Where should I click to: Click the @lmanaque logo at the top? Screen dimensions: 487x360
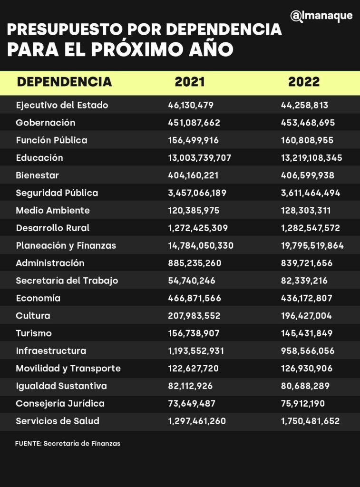click(321, 16)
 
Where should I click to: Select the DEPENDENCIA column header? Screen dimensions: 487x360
click(64, 82)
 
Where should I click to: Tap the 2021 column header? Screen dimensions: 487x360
click(190, 82)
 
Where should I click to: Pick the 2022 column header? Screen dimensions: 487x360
click(304, 82)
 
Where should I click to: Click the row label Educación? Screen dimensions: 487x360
click(39, 157)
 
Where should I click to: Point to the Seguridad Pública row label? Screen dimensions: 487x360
click(57, 193)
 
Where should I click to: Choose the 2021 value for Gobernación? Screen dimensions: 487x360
click(194, 123)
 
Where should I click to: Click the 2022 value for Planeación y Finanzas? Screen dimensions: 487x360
click(312, 245)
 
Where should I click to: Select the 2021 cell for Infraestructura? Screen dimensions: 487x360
click(196, 351)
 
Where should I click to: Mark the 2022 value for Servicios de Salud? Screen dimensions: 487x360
click(310, 421)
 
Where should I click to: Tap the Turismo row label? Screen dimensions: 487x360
click(34, 333)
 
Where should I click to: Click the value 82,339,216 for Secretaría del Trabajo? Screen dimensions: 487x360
click(304, 281)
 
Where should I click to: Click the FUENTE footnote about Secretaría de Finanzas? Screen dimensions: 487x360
click(68, 443)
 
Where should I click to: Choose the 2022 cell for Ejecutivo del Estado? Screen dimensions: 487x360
click(304, 105)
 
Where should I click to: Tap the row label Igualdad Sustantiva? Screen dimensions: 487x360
click(61, 386)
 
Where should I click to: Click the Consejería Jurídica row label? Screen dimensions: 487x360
click(60, 403)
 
